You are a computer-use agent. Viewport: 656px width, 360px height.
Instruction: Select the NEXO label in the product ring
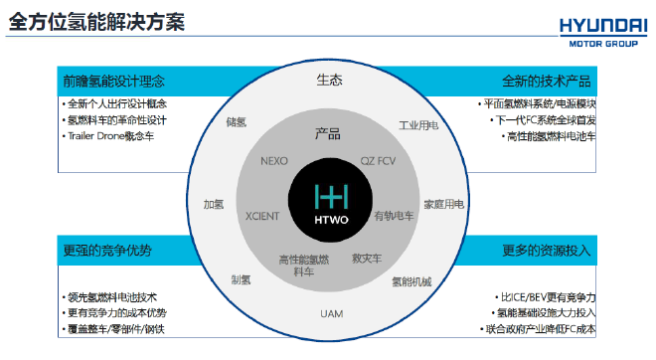[x=274, y=160]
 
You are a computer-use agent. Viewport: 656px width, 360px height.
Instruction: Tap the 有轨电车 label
[x=394, y=216]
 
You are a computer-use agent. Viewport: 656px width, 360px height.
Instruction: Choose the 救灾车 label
[x=368, y=259]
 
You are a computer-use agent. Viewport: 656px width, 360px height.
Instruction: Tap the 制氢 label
[x=241, y=279]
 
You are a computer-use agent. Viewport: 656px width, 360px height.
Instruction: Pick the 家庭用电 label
[x=444, y=204]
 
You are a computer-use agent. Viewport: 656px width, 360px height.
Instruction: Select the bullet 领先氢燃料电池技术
[x=111, y=297]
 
